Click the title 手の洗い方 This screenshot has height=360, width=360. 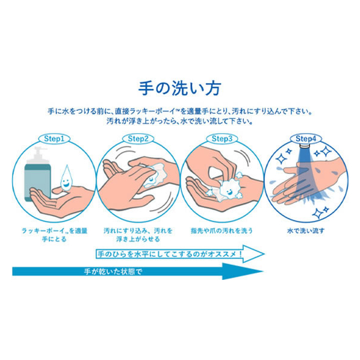click(179, 88)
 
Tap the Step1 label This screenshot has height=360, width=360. click(54, 138)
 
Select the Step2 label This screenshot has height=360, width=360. click(138, 138)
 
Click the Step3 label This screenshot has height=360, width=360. click(222, 138)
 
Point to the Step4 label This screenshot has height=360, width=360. click(306, 138)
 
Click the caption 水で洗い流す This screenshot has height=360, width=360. click(306, 231)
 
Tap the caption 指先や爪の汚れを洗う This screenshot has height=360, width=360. click(222, 231)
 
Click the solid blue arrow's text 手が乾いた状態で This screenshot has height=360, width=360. click(113, 272)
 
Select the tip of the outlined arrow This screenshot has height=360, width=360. click(264, 254)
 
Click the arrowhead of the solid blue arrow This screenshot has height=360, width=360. click(243, 272)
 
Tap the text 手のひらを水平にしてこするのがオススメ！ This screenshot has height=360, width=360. click(170, 254)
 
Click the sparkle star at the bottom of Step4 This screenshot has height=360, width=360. click(318, 213)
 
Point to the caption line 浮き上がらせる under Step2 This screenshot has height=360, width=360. click(138, 239)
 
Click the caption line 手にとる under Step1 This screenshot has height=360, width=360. click(54, 239)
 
